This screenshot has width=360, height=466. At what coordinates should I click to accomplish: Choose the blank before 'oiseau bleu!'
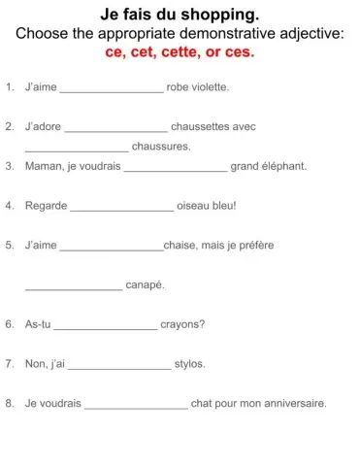point(122,208)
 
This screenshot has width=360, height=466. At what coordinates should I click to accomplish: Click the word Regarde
point(45,206)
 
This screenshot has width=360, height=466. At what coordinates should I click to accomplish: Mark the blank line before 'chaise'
point(112,248)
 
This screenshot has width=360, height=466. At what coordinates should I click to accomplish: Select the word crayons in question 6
point(180,325)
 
